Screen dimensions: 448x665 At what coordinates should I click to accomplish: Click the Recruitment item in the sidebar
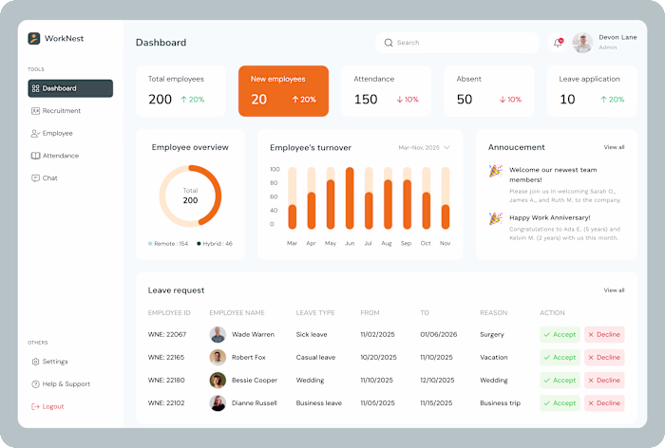pos(61,111)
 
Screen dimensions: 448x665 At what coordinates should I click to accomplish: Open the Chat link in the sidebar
pos(49,178)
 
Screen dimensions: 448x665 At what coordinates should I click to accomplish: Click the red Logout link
pos(52,406)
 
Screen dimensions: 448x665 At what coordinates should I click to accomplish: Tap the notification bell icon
pos(558,43)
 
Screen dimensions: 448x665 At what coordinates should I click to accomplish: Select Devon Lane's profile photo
pos(582,43)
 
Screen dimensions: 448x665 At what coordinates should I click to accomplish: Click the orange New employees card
pos(283,91)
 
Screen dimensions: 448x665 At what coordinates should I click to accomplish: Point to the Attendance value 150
pos(366,100)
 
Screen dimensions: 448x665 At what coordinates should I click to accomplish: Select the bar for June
pos(350,198)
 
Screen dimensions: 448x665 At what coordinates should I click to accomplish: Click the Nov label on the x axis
pos(445,243)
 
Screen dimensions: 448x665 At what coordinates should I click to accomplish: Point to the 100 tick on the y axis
pos(275,170)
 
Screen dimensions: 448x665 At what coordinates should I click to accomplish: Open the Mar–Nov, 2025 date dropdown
pos(424,148)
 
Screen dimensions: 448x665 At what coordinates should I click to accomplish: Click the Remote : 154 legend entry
pos(169,244)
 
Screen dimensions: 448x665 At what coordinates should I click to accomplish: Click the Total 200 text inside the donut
pos(190,196)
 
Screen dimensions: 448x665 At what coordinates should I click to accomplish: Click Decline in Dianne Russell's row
pos(604,403)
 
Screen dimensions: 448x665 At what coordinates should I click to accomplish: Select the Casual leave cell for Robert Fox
pos(315,358)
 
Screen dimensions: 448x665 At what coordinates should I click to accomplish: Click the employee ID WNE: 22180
pos(167,381)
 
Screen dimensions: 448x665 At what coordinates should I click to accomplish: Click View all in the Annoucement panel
pos(614,147)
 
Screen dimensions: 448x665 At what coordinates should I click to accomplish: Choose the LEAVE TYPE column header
pos(315,313)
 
